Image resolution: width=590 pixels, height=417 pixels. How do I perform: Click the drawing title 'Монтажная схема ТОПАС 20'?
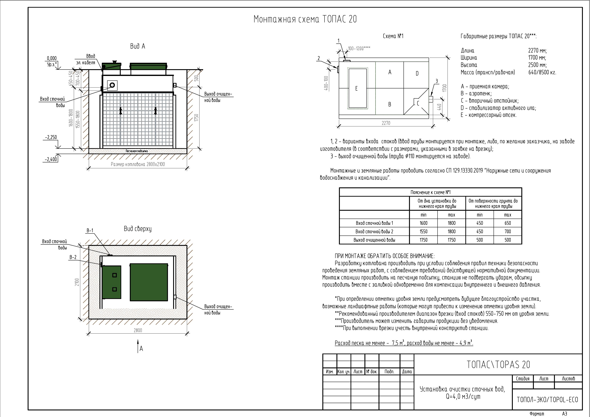click(x=305, y=19)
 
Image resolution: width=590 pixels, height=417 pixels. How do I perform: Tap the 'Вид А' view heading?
click(x=137, y=46)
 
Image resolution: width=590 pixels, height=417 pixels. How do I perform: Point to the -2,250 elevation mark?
click(x=51, y=137)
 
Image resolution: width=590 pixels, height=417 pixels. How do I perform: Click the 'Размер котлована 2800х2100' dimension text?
click(x=138, y=164)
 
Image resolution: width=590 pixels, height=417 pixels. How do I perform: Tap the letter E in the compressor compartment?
click(x=356, y=88)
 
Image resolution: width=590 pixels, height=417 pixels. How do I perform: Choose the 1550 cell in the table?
click(x=423, y=231)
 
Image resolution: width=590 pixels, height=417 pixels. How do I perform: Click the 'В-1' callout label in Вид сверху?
click(x=90, y=231)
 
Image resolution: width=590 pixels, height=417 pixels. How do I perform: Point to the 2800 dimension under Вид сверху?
click(x=138, y=330)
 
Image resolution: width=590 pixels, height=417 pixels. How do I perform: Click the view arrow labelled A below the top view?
click(x=138, y=345)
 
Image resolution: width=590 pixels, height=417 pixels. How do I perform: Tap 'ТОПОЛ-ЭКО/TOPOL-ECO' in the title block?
click(x=547, y=400)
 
